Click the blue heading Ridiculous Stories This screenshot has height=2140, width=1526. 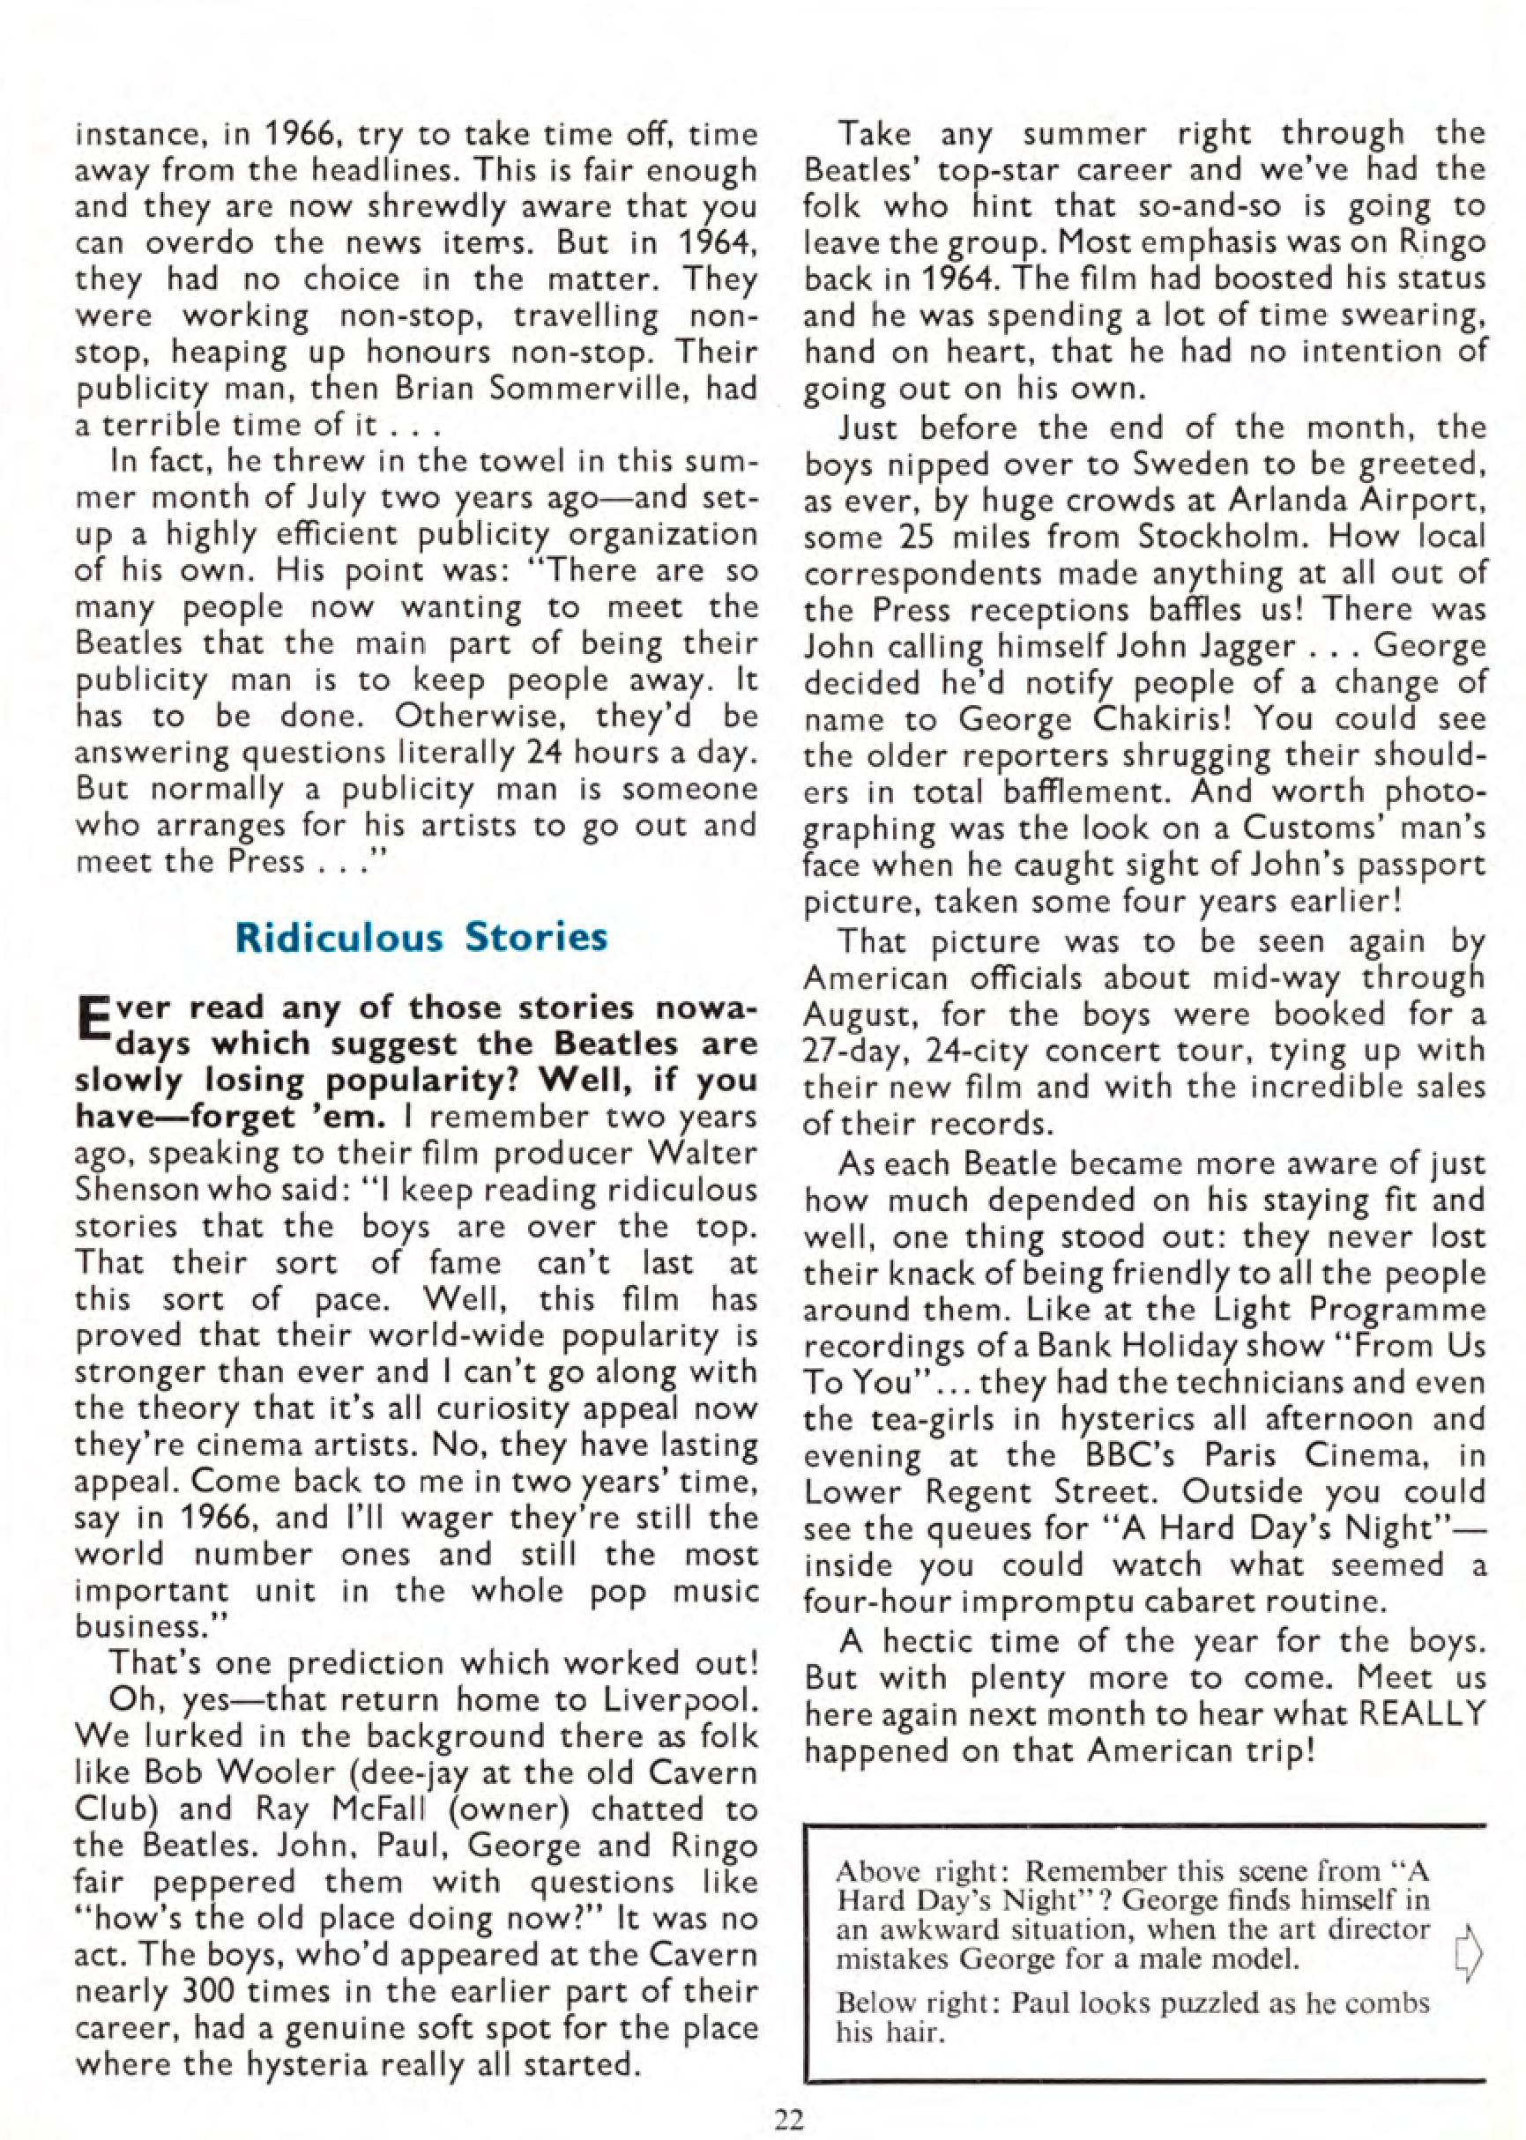click(x=421, y=938)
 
